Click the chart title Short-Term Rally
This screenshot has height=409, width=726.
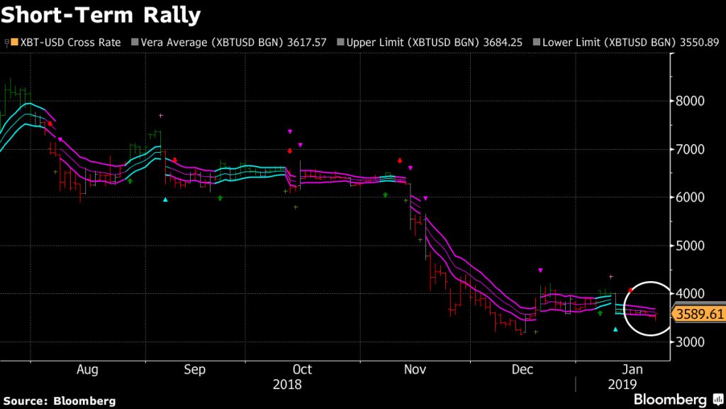[x=101, y=15]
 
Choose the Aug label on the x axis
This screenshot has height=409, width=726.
[x=86, y=370]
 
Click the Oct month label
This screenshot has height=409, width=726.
[x=302, y=370]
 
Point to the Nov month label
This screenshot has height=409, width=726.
[x=415, y=370]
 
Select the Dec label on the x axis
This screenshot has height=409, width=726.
[x=523, y=370]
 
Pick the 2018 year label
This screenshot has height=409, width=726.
[x=287, y=385]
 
